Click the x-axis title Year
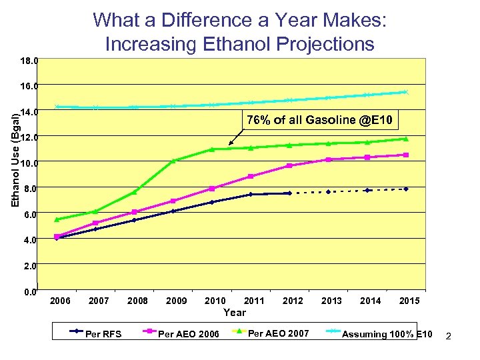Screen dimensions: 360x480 [235, 312]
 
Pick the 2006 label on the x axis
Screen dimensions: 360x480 [60, 301]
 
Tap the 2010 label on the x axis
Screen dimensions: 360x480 [215, 301]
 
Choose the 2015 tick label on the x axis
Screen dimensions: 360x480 [409, 301]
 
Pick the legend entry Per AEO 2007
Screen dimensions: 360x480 [278, 333]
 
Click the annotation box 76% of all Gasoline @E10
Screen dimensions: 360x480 [322, 120]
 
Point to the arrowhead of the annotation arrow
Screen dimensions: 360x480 [230, 144]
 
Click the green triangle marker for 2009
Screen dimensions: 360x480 [173, 161]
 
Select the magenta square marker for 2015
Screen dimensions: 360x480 [406, 155]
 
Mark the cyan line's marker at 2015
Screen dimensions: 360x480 [405, 92]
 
